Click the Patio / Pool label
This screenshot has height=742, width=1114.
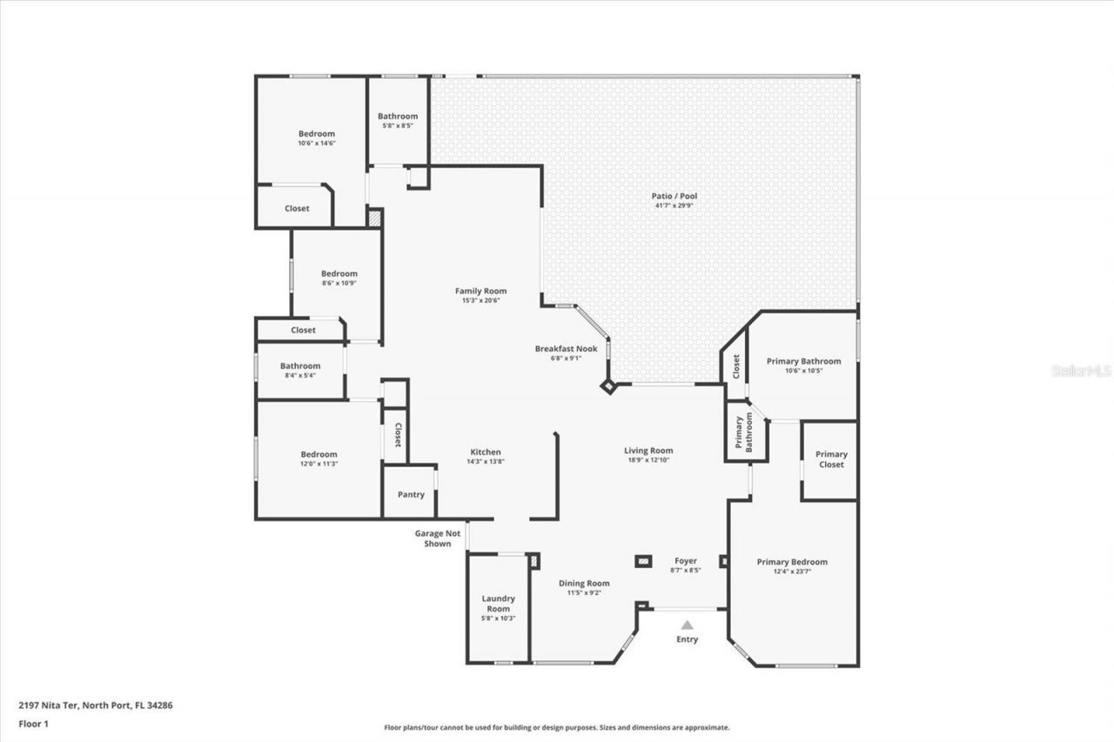tap(674, 197)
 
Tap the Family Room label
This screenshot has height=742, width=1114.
tap(480, 291)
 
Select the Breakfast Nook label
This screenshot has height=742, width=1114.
tap(566, 349)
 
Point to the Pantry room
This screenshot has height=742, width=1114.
tap(411, 495)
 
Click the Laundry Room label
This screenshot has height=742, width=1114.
tap(499, 604)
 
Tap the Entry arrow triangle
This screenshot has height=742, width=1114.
tap(687, 625)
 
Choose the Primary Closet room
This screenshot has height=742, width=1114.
tap(830, 459)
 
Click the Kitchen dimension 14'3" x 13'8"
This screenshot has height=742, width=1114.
tap(486, 462)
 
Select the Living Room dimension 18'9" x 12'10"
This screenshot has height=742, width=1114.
tap(648, 460)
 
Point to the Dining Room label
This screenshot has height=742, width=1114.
tap(584, 584)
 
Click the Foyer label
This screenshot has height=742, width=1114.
tap(686, 561)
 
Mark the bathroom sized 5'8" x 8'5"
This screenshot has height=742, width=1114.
tap(398, 121)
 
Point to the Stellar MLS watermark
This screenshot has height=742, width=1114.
tap(1081, 371)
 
